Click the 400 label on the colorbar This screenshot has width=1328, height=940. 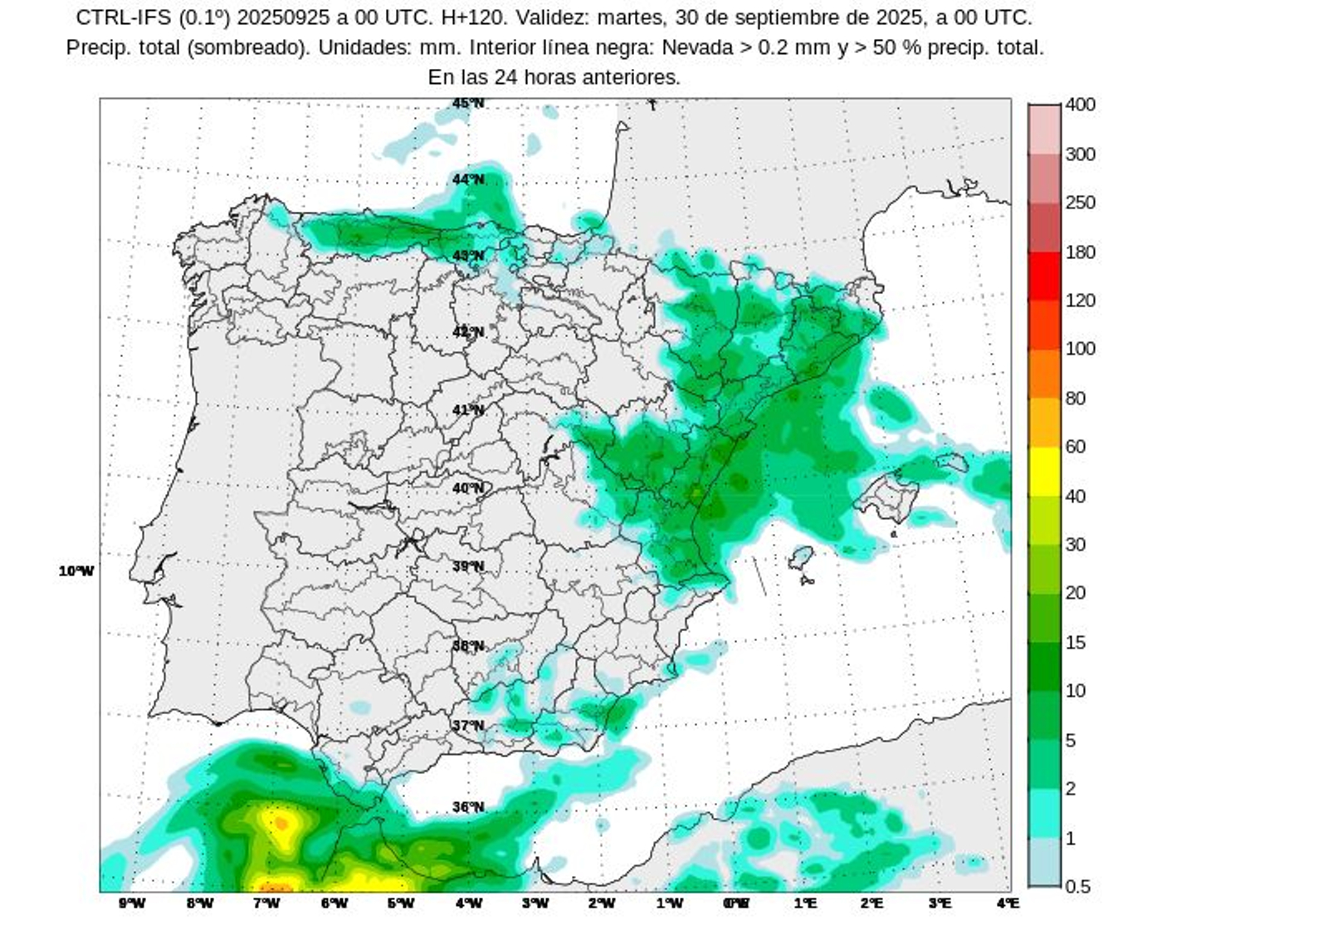1080,105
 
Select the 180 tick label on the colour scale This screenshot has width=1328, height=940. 1080,252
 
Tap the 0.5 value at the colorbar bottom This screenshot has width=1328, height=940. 1077,887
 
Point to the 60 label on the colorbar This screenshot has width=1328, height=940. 1075,447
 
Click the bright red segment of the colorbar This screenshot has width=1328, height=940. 1044,276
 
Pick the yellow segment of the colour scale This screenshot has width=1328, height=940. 1044,471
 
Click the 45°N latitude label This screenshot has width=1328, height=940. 468,104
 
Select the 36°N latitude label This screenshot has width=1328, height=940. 468,807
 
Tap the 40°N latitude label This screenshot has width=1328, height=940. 468,488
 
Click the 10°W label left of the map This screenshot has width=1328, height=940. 76,571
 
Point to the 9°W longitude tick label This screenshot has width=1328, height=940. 132,903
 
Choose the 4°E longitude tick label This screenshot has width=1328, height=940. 1008,903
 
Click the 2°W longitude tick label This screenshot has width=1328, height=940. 602,903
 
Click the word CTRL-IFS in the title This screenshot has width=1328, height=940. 124,17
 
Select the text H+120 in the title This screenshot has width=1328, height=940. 475,17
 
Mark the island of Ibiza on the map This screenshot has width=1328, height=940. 801,557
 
